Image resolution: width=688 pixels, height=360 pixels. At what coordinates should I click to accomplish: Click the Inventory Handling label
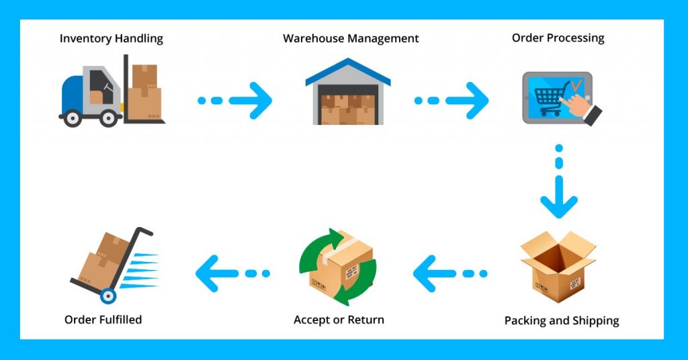coord(111,38)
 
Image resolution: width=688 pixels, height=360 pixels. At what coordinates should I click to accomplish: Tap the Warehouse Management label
coord(351,38)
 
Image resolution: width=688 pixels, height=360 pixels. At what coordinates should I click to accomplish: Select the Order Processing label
coord(558,38)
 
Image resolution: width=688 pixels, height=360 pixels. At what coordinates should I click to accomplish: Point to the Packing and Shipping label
coord(562,320)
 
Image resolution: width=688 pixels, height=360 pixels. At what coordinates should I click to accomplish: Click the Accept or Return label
coord(339,320)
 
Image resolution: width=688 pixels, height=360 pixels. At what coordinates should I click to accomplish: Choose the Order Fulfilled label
coord(103,320)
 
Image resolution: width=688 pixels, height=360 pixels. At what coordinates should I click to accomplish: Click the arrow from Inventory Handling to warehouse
coord(235,101)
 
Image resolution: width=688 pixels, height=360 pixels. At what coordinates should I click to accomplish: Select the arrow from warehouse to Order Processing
coord(451,101)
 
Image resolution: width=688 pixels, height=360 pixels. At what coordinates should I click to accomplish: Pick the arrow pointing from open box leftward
coord(450,273)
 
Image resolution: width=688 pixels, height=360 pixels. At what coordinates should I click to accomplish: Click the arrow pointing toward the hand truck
coord(232,273)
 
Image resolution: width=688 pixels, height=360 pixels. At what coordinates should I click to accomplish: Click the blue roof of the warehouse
coord(348,71)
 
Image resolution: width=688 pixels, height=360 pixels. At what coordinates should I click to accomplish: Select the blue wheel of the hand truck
coord(108,296)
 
